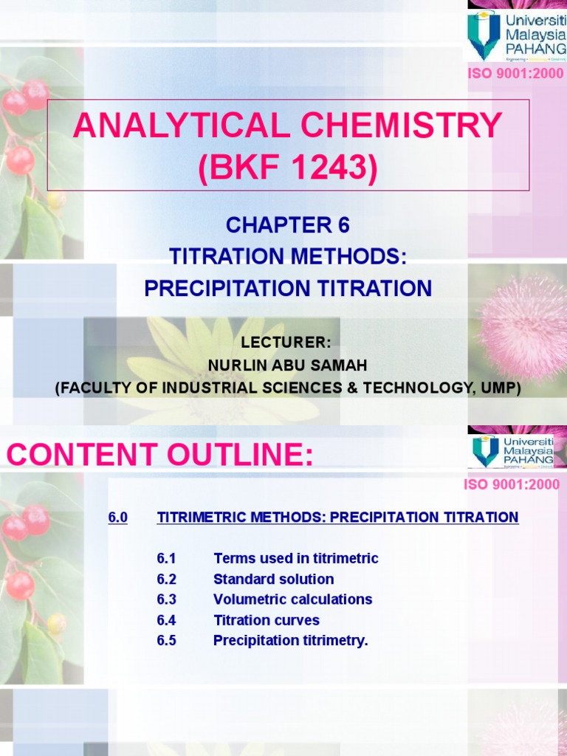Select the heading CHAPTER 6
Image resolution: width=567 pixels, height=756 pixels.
(288, 225)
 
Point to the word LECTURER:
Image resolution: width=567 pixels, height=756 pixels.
(288, 343)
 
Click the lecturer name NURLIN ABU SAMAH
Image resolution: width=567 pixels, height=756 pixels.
(288, 365)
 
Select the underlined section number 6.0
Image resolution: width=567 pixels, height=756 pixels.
(118, 518)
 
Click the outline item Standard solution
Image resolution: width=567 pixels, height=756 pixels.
(273, 579)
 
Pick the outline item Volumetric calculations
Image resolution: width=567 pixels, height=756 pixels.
(292, 599)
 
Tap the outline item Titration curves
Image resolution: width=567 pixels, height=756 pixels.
(266, 620)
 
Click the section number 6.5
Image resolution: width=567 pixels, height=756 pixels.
(166, 641)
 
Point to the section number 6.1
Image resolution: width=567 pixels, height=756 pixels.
(166, 558)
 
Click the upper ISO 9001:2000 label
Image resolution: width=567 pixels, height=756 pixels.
(515, 74)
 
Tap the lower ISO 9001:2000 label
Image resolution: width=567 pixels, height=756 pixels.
(512, 485)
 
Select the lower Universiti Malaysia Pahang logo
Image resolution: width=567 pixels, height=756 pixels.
(513, 450)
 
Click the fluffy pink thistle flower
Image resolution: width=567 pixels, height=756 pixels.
(526, 325)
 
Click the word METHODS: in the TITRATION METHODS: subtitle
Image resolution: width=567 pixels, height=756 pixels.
(351, 256)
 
